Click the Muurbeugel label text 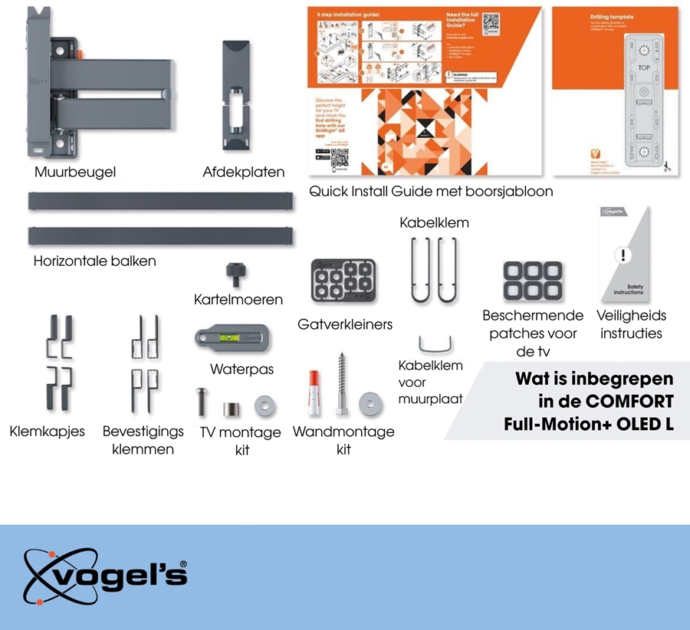click(x=75, y=172)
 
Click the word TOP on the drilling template click(x=643, y=67)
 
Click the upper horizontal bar click(x=161, y=202)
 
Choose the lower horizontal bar click(x=161, y=235)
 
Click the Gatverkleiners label click(x=345, y=324)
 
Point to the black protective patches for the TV click(x=533, y=280)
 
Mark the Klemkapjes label click(x=47, y=432)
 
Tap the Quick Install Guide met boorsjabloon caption click(x=431, y=191)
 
